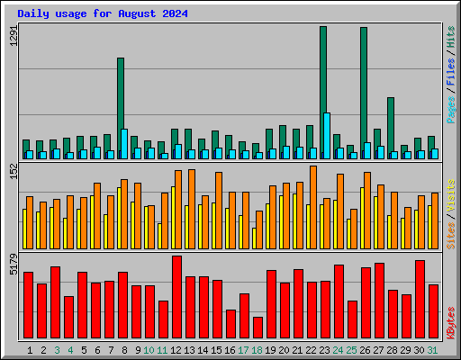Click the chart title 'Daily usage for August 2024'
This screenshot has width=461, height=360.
(x=103, y=13)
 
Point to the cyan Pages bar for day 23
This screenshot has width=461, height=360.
(x=327, y=136)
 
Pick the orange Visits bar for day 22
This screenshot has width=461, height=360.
(x=313, y=208)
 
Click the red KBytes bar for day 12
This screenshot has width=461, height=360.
(x=177, y=297)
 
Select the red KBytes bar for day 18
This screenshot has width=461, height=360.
(x=258, y=328)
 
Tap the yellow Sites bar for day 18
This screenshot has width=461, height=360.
(x=254, y=238)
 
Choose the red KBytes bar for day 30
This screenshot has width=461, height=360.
(x=420, y=300)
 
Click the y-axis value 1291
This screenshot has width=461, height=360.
(x=14, y=35)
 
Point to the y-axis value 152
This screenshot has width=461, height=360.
(x=14, y=172)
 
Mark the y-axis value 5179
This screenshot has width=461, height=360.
(x=14, y=265)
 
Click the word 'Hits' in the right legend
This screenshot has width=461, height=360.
(x=451, y=37)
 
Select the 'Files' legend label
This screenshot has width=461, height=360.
(x=451, y=72)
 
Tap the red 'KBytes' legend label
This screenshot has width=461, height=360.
(x=451, y=323)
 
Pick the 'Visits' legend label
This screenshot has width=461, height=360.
(x=451, y=195)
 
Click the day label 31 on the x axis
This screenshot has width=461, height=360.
(x=432, y=350)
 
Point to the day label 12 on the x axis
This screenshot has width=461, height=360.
(x=176, y=350)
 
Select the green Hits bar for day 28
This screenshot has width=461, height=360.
(x=391, y=128)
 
